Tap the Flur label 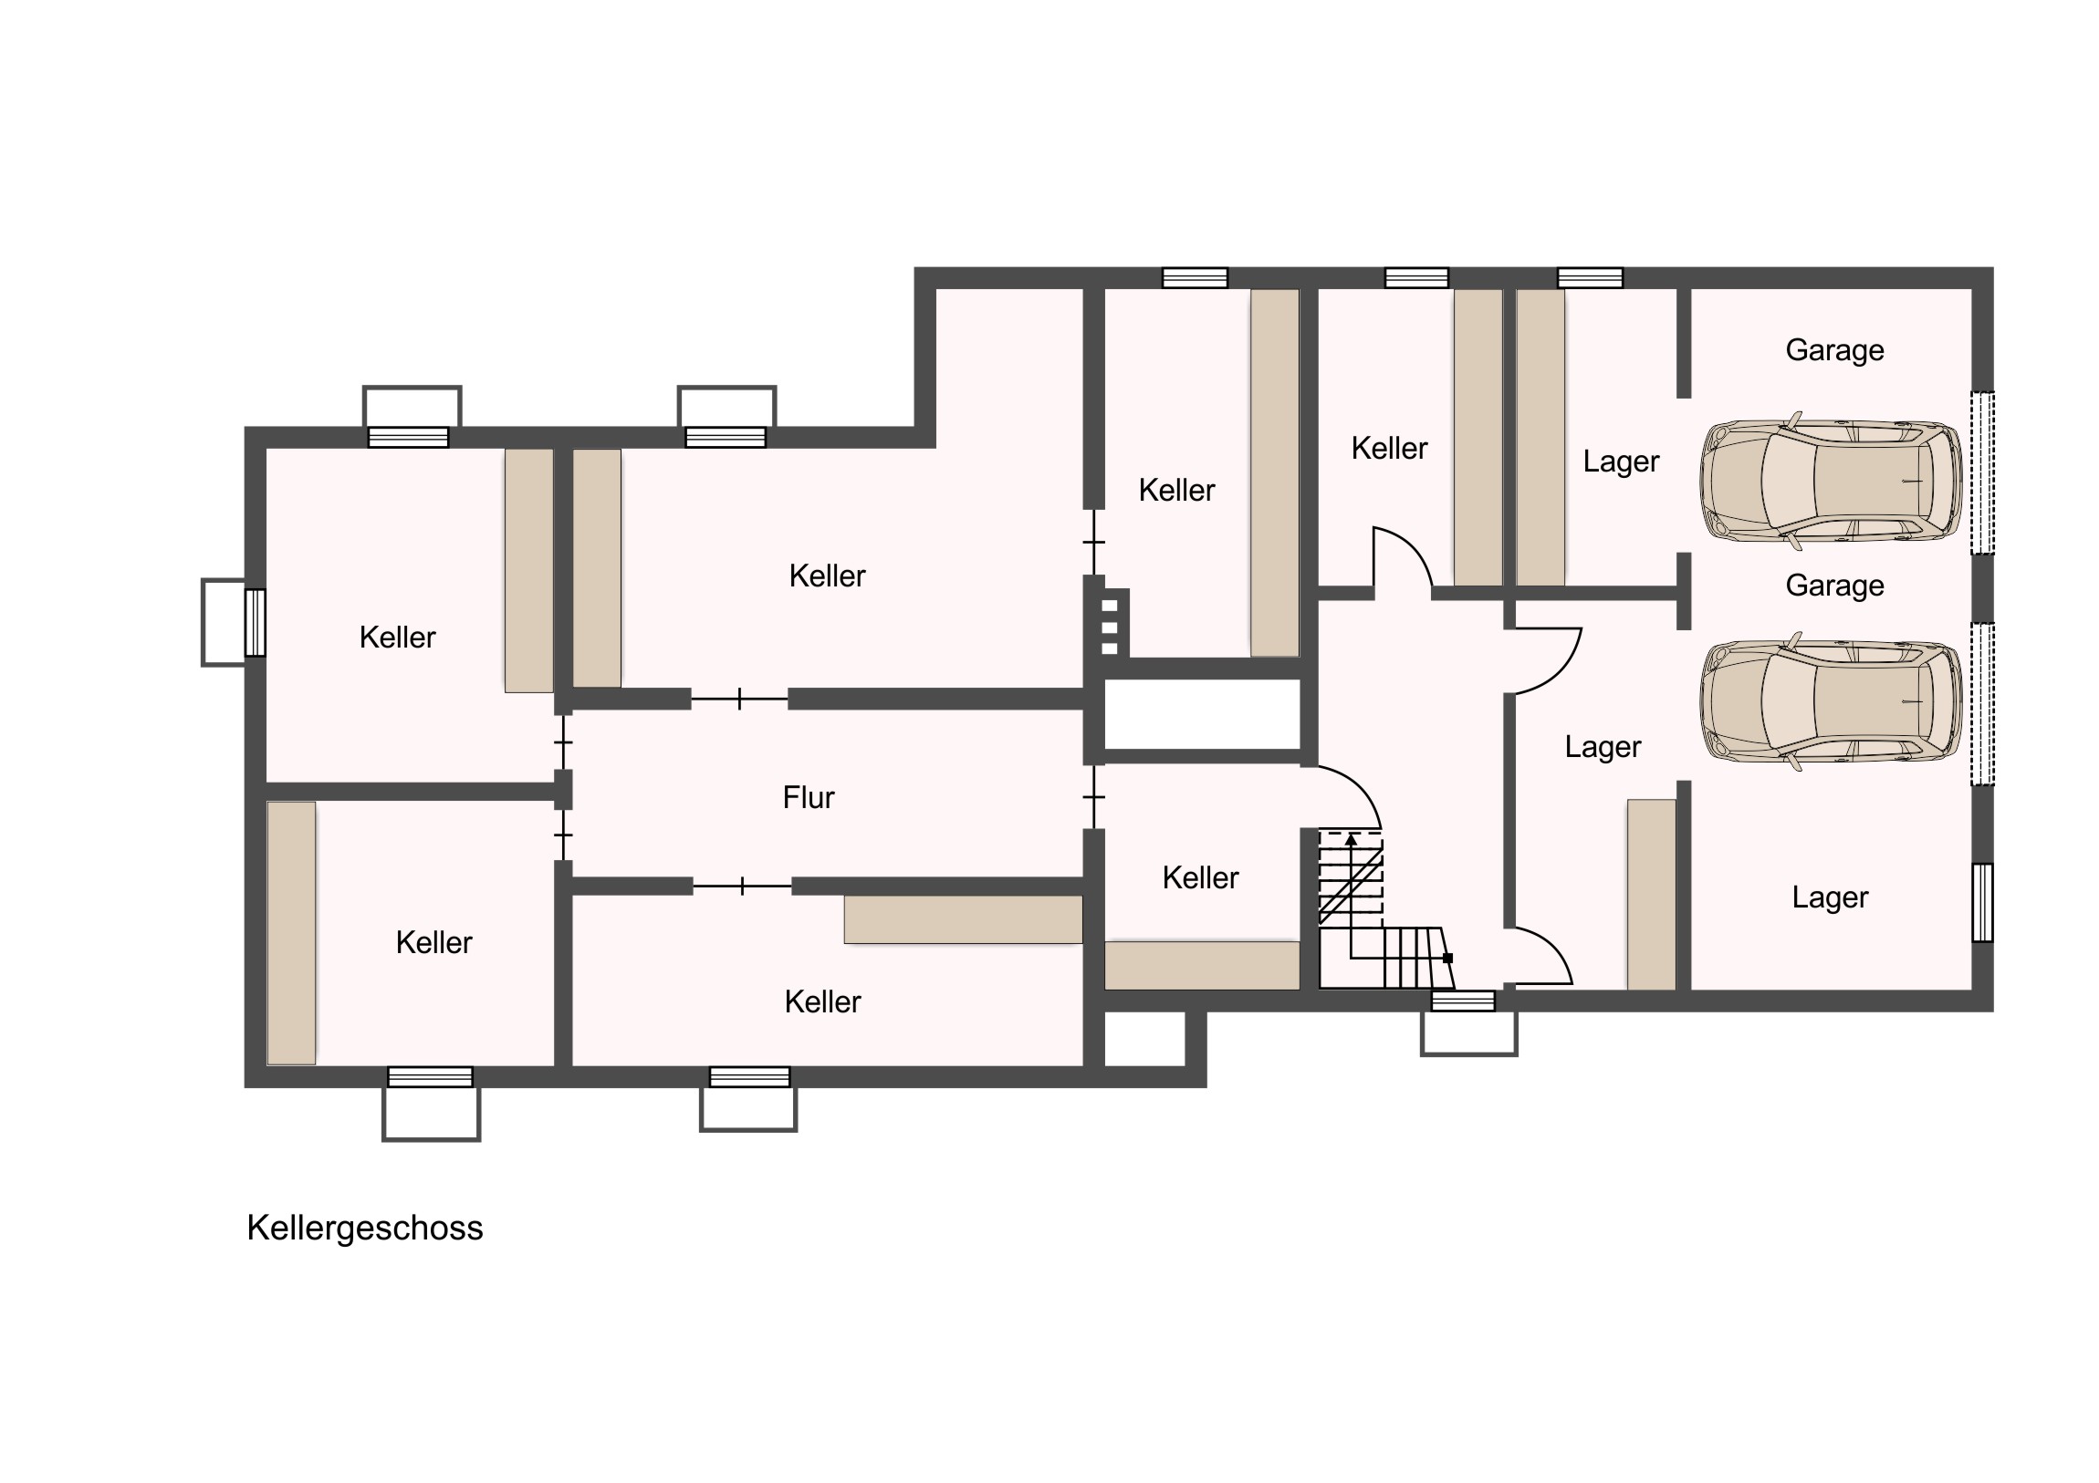coord(809,798)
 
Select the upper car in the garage coord(1831,481)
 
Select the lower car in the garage coord(1831,701)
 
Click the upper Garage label coord(1834,351)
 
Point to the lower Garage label coord(1834,586)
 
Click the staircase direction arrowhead coord(1351,838)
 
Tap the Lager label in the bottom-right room coord(1829,898)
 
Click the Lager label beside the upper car coord(1621,462)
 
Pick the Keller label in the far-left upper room coord(397,637)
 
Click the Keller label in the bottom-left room coord(433,942)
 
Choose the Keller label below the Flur coord(822,1001)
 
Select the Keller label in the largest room coord(827,576)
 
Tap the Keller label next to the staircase coord(1200,877)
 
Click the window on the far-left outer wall coord(255,622)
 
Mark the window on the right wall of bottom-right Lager coord(1982,902)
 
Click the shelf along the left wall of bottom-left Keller coord(291,933)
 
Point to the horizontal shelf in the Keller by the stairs coord(1201,965)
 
